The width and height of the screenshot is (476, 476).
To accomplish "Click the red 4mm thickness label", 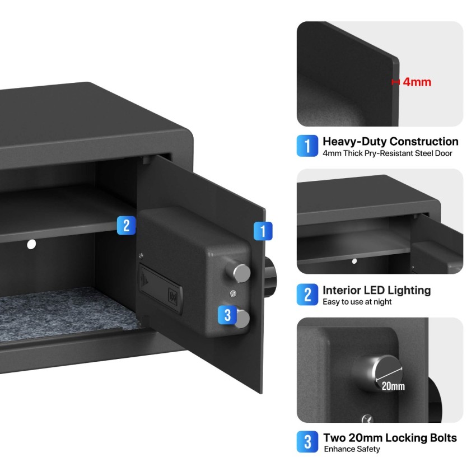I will click(x=417, y=82).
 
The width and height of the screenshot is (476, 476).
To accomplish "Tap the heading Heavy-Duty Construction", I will click(x=390, y=142).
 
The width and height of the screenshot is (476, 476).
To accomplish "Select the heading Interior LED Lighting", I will click(x=376, y=290).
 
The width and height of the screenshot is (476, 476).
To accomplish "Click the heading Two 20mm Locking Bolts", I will click(x=390, y=438).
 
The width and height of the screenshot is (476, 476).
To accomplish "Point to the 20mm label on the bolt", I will click(x=393, y=386).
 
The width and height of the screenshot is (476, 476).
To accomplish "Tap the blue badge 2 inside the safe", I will click(x=126, y=225).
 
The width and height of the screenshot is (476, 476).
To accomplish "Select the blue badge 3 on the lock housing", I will click(x=227, y=315).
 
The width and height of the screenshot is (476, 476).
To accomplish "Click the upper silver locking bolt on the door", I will click(x=241, y=273).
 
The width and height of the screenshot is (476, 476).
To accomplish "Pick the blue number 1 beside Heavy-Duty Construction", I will click(x=307, y=146).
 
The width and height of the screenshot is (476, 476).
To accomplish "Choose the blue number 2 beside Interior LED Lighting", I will click(x=307, y=295).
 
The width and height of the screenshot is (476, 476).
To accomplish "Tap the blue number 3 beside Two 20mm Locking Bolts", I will click(x=307, y=442).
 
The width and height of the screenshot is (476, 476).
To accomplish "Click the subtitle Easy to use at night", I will click(x=357, y=302).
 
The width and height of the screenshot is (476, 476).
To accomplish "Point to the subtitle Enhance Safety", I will click(x=351, y=449).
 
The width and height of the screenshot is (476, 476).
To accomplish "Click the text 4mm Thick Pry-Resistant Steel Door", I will click(x=387, y=153).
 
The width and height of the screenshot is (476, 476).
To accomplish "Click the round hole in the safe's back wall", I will click(x=31, y=244).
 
